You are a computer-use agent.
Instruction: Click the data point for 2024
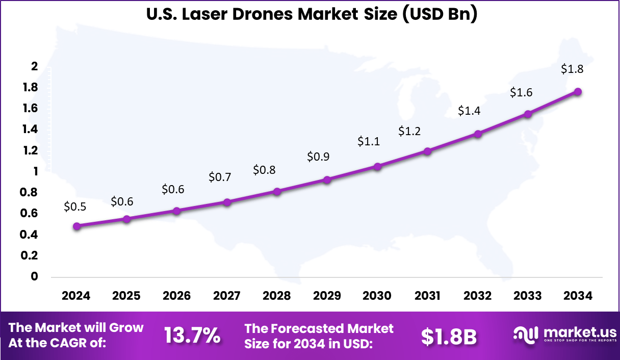coord(76,226)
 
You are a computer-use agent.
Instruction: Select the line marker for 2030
coord(378,166)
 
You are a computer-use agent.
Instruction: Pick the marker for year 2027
coord(227,202)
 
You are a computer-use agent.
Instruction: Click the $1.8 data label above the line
coord(572,69)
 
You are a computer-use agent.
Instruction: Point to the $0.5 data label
coord(75,207)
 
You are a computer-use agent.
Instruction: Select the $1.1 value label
coord(369,141)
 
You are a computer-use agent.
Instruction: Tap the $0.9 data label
coord(318,157)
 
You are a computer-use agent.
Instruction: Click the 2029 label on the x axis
coord(327,296)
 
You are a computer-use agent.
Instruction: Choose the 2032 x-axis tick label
coord(478,296)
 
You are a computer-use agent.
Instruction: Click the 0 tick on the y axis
coord(35,276)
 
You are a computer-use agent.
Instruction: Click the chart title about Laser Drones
coord(312,14)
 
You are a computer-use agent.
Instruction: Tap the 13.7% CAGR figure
coord(192,336)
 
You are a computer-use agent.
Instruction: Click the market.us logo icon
coord(525,335)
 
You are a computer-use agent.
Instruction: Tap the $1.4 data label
coord(469,110)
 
